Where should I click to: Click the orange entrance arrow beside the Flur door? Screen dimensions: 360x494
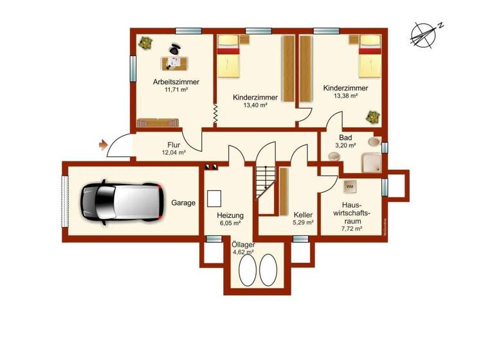tap(102, 146)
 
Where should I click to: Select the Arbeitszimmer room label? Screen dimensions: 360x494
tap(176, 82)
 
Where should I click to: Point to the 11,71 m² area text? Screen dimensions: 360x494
tap(176, 91)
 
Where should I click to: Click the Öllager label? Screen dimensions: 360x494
tap(243, 245)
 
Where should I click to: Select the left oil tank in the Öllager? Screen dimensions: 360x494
tap(247, 270)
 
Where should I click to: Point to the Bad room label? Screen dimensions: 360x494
tap(345, 138)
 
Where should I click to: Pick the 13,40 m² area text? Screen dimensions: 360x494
tap(255, 105)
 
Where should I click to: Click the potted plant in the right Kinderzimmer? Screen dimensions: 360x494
tap(372, 118)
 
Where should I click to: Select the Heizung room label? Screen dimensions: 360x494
tap(229, 215)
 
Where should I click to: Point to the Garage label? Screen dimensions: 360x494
tap(183, 203)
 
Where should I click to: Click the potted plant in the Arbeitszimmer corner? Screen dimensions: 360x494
tap(144, 44)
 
